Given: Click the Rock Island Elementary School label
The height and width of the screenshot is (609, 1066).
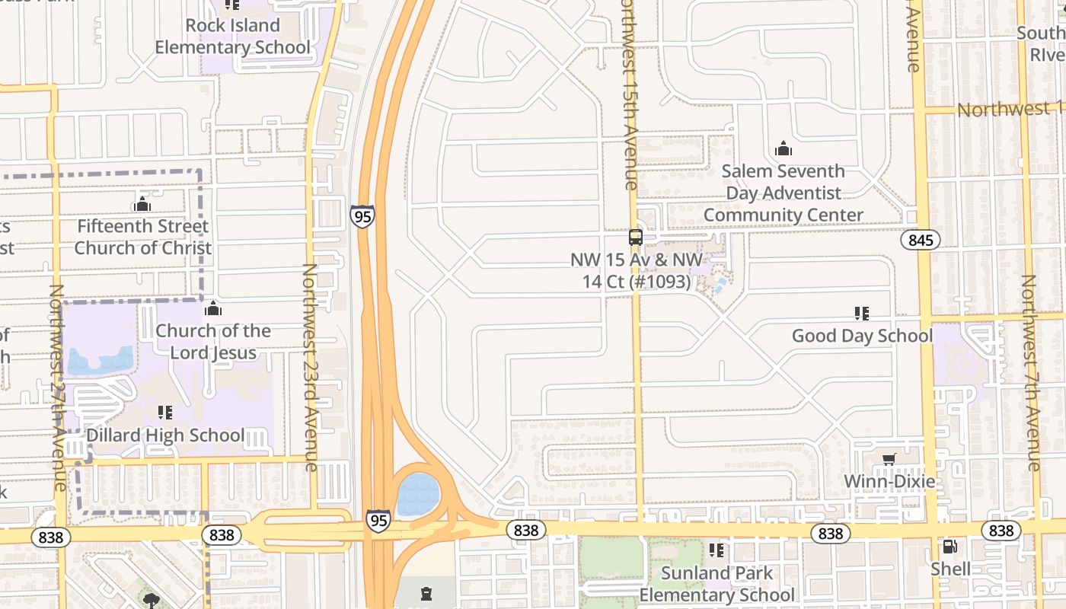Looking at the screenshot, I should tap(232, 37).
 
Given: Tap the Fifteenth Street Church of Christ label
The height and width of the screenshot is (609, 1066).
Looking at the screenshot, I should tap(142, 237).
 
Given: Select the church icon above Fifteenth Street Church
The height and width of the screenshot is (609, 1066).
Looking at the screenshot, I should tap(142, 204).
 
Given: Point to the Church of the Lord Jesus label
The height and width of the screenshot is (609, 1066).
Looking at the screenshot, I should tap(213, 342).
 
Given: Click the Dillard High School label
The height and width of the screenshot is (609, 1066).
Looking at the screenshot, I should tap(165, 435).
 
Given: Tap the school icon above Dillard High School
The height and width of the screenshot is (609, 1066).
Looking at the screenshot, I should tap(164, 413).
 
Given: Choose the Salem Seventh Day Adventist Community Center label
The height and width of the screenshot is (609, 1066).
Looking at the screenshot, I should tap(784, 193).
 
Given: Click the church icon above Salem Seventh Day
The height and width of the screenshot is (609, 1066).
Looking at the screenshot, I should tap(784, 148).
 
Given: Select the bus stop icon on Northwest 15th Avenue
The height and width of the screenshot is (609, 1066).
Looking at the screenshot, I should tap(636, 238).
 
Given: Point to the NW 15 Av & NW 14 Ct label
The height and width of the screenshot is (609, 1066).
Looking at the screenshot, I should tap(637, 271).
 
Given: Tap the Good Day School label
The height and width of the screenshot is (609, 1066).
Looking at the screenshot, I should tap(862, 336).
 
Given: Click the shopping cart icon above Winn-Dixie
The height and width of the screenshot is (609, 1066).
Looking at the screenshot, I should tap(889, 459).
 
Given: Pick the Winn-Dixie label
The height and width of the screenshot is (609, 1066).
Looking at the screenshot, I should tap(889, 481).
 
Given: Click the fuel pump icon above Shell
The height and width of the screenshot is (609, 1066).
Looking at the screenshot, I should tap(950, 546).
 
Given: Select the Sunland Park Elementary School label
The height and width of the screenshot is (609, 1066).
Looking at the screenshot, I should tap(717, 584).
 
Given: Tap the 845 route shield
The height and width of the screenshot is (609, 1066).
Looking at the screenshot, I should tap(921, 241).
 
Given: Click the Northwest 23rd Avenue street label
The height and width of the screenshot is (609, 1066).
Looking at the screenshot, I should tap(310, 367).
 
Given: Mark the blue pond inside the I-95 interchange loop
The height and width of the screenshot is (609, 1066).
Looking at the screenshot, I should tap(418, 494).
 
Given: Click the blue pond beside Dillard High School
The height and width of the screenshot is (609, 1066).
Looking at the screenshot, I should tap(99, 362).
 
